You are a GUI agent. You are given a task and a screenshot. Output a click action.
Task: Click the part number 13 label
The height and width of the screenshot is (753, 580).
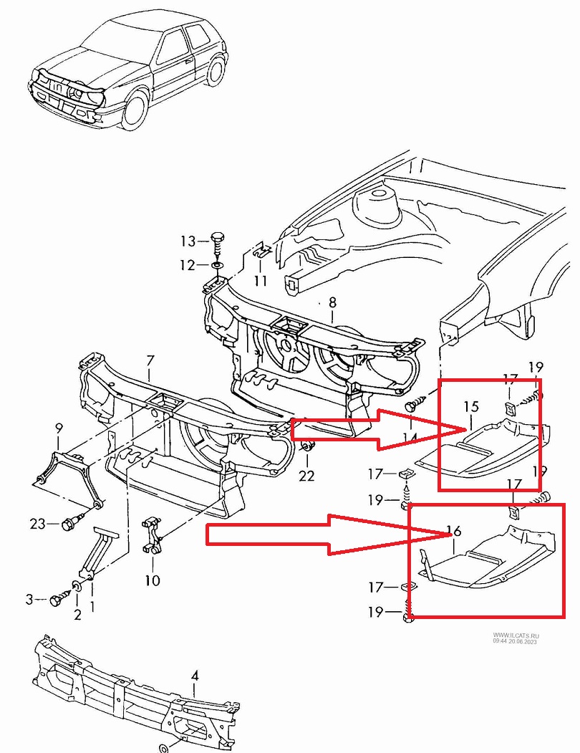(x=188, y=241)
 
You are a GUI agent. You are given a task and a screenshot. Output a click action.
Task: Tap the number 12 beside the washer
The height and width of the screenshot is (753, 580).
(x=188, y=266)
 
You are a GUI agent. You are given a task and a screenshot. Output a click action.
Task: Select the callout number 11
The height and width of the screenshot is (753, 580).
(x=260, y=280)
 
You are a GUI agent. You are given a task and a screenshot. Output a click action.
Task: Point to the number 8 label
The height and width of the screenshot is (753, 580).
(x=332, y=302)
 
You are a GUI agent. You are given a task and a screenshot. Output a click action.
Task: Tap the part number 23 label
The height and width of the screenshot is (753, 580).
(x=38, y=523)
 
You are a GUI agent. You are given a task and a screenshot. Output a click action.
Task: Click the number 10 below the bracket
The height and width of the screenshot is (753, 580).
(x=152, y=580)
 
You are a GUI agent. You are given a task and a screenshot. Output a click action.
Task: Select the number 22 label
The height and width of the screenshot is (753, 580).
(x=306, y=475)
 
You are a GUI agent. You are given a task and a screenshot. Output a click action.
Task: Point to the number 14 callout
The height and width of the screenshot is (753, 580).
(x=410, y=437)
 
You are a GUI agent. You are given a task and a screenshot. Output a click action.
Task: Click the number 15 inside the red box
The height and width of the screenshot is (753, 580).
(x=470, y=407)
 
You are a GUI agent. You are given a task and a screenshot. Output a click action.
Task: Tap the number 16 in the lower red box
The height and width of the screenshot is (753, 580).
(x=453, y=531)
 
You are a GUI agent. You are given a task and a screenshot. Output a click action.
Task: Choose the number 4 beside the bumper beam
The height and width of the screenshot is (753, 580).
(x=195, y=676)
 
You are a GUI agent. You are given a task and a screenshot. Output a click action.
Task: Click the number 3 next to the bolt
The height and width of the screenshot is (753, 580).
(x=29, y=599)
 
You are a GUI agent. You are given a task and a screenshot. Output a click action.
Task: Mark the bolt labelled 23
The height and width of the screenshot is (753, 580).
(x=68, y=524)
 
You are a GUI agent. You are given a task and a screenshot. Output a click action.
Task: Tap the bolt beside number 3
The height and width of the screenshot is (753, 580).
(x=57, y=599)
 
